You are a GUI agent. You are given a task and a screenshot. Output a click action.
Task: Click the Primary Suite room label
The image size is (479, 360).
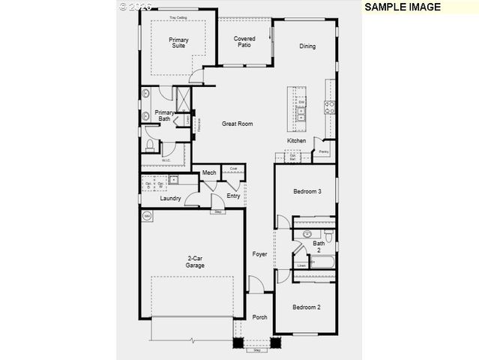tap(178, 43)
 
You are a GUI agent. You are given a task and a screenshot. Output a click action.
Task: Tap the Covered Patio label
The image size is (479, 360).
tap(244, 42)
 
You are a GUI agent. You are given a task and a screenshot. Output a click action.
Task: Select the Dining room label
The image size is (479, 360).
tap(307, 46)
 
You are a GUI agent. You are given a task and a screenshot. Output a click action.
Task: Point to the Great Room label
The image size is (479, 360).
tap(237, 124)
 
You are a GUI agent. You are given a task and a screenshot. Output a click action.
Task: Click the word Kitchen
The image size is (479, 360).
tap(297, 141)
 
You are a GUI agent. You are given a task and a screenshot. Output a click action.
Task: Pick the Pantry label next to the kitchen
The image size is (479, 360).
tap(323, 152)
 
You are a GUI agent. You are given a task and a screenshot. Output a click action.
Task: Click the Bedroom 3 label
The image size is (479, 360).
tap(307, 192)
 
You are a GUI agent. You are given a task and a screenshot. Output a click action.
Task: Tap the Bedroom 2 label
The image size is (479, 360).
tap(307, 307)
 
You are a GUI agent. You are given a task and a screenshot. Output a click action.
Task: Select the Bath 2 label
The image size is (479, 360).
tap(319, 246)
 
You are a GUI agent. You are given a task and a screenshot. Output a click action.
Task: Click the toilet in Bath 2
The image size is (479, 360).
tap(307, 235)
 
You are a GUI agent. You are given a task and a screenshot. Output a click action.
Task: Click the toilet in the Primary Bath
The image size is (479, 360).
tap(150, 144)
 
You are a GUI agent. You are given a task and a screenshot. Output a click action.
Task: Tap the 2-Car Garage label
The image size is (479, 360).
tap(196, 262)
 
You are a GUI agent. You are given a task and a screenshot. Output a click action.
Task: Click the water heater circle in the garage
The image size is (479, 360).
tap(147, 217)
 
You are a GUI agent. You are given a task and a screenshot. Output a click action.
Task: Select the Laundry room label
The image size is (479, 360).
tap(170, 199)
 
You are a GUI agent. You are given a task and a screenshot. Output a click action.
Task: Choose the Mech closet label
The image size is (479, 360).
tap(209, 173)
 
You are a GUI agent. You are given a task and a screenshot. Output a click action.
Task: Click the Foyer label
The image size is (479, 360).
tap(259, 254)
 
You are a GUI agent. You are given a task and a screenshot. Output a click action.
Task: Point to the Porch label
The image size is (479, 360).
tap(259, 317)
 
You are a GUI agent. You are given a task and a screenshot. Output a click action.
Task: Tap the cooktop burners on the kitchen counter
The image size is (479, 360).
tap(328, 107)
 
